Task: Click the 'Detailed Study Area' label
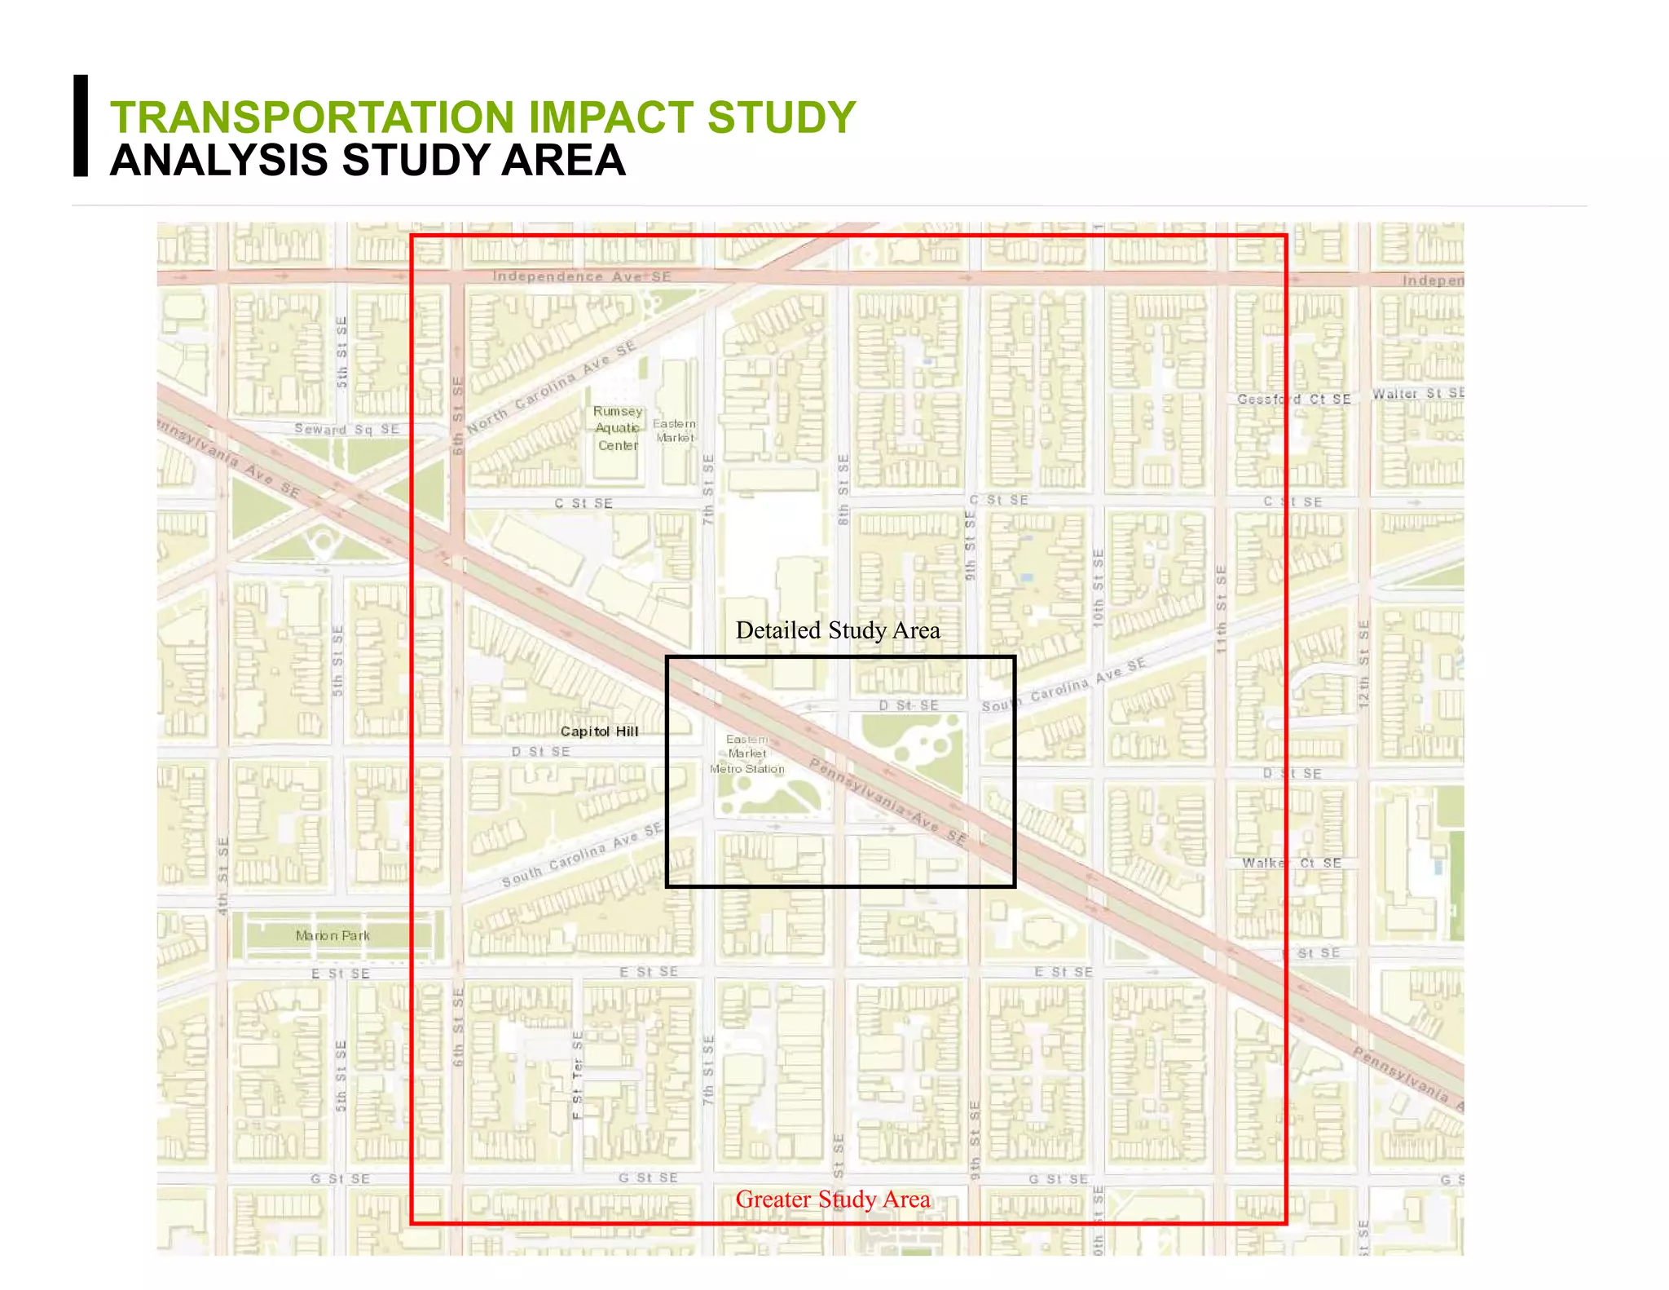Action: (x=838, y=630)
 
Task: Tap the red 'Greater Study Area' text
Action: (x=833, y=1199)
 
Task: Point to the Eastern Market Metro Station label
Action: (x=747, y=754)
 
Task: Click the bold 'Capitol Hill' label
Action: (x=600, y=731)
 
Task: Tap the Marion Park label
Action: (x=332, y=935)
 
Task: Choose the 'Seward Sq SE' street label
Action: (x=347, y=429)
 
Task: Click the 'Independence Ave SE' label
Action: (x=582, y=277)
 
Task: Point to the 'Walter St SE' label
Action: (x=1418, y=394)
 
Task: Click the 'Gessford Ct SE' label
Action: (x=1294, y=399)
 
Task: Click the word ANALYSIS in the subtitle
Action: (x=219, y=161)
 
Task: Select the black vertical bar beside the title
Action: (x=81, y=126)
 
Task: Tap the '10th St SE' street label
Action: (x=1099, y=588)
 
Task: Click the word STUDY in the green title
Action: (x=781, y=117)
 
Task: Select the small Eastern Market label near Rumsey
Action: (x=675, y=431)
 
